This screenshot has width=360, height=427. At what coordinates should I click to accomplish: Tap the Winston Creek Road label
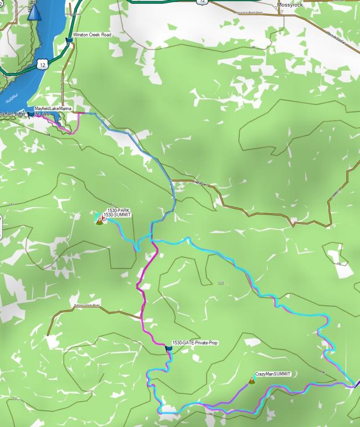click(92, 34)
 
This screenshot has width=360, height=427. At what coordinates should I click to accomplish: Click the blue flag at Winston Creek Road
click(69, 39)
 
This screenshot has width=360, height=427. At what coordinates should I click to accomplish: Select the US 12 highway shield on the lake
click(42, 64)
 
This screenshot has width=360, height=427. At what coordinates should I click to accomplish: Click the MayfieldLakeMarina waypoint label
click(53, 109)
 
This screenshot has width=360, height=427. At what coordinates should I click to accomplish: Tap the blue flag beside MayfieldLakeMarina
click(30, 113)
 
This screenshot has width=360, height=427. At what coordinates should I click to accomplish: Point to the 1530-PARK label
click(118, 210)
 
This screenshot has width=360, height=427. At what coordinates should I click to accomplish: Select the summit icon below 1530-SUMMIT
click(99, 222)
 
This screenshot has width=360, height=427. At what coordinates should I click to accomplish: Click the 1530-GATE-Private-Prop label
click(195, 343)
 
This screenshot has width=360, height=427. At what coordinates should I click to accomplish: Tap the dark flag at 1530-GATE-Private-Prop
click(168, 348)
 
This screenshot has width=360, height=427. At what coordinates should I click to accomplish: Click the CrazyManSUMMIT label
click(274, 374)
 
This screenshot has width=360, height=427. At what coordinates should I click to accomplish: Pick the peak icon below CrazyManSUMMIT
click(253, 380)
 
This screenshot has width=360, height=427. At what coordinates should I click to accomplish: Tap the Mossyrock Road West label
click(248, 12)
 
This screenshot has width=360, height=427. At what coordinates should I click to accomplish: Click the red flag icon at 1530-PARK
click(104, 217)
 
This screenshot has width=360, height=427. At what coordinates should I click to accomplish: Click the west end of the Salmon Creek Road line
click(48, 335)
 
